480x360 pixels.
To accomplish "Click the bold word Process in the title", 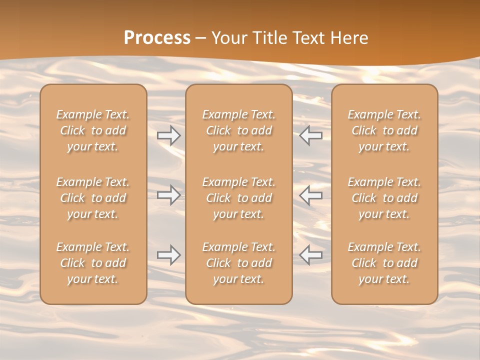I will coord(157,38).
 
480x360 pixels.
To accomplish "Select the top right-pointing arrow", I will coord(169,135).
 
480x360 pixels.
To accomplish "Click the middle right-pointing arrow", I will coord(169,195).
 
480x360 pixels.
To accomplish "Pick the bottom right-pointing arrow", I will coord(169,255).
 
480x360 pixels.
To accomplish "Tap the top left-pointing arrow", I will coord(311,135).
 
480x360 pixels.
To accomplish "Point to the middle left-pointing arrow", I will coord(311,195).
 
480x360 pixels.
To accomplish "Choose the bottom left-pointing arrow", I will coord(311,255).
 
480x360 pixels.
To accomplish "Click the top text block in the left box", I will coord(93,130).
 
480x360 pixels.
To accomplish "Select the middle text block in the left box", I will coord(93,198).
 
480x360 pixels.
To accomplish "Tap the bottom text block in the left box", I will coord(93,263).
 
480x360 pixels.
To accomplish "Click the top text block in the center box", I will coord(239,130).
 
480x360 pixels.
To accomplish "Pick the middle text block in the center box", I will coord(239,198).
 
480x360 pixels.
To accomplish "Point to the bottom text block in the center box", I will coord(239,263).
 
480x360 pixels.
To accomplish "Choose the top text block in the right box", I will coord(384,130).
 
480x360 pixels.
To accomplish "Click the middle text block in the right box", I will coord(384,198).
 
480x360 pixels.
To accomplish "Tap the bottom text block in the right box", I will coord(384,263).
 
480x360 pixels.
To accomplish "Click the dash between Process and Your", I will coord(200,38).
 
